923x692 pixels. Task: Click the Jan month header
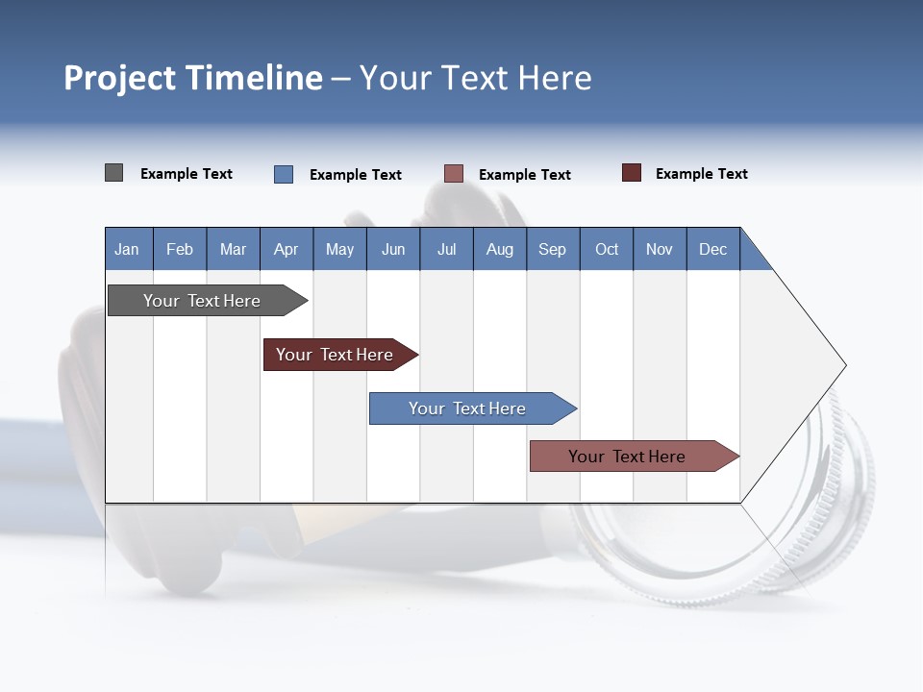click(x=127, y=249)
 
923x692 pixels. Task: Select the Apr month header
click(x=286, y=249)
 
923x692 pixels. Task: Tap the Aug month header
click(x=499, y=249)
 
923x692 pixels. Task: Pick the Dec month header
click(x=712, y=249)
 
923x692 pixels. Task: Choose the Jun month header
click(x=392, y=249)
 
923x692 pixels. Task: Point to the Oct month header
click(x=606, y=249)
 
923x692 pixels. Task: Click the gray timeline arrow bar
click(x=202, y=301)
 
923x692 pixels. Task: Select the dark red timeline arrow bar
click(x=335, y=355)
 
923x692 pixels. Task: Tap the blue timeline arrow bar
click(x=467, y=408)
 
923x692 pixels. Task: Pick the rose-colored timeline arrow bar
click(x=627, y=457)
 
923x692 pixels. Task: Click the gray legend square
click(x=113, y=173)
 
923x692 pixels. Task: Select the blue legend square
click(x=283, y=174)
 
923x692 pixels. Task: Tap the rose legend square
click(x=453, y=174)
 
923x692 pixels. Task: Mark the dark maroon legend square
click(x=631, y=173)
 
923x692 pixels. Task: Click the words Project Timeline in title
click(x=192, y=78)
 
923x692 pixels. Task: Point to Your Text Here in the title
click(x=475, y=78)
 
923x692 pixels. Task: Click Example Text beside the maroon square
click(x=701, y=174)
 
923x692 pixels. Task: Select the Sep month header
click(x=552, y=249)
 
